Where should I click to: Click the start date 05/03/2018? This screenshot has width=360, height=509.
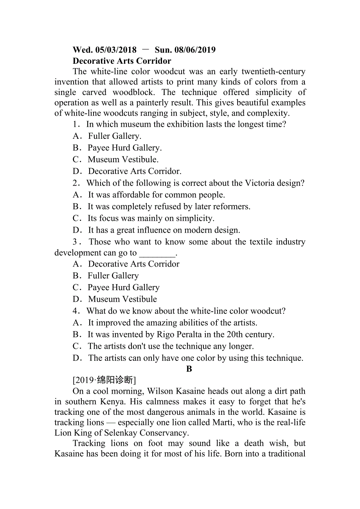[116, 50]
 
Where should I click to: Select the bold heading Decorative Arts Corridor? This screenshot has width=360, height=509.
[122, 61]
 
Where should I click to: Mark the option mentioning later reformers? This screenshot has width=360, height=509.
[168, 206]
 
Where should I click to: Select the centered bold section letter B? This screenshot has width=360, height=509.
[189, 369]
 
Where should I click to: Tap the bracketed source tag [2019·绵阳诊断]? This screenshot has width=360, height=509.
[104, 380]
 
